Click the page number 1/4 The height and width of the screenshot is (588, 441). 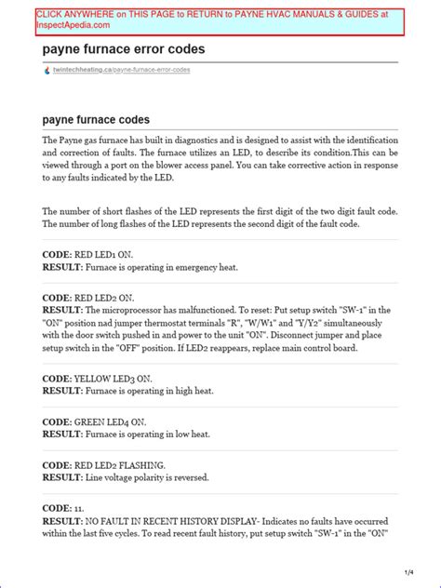[408, 569]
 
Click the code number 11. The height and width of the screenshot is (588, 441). [79, 507]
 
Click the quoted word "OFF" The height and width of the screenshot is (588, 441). [164, 347]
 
